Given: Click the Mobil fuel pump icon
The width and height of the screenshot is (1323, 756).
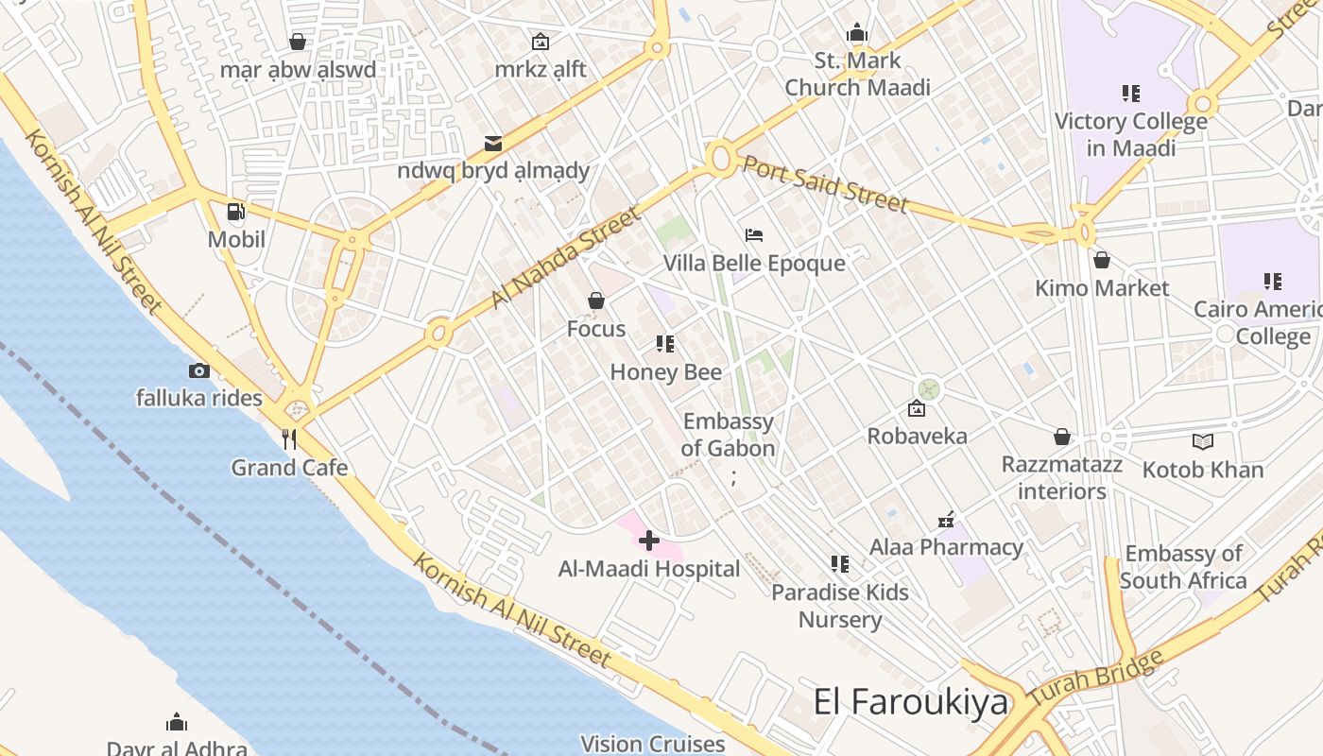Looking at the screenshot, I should [x=236, y=212].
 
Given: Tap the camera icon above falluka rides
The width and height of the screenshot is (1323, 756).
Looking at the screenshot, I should [x=198, y=370].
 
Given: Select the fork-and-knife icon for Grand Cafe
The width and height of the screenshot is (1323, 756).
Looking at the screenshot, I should [x=289, y=439].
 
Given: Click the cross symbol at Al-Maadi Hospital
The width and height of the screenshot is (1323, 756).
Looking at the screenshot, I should [x=649, y=541].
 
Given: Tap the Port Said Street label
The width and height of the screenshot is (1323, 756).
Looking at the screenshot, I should [x=824, y=183].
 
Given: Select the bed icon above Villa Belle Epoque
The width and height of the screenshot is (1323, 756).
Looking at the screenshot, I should [x=753, y=234].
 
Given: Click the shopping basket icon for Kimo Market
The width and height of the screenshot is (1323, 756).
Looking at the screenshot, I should [x=1101, y=260].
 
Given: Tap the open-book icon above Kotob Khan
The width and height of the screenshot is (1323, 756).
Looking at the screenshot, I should [x=1202, y=441].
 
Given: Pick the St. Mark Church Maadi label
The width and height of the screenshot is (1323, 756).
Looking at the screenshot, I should [x=857, y=74].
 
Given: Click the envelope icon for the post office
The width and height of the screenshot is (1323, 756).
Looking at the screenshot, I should [x=493, y=144].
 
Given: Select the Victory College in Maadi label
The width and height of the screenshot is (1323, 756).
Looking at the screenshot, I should [x=1130, y=134].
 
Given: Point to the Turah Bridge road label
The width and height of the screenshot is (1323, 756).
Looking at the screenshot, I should [x=1096, y=679].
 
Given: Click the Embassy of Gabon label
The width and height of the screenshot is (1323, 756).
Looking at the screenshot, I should [x=728, y=435].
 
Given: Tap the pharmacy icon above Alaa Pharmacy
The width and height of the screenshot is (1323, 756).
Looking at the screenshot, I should [x=946, y=519].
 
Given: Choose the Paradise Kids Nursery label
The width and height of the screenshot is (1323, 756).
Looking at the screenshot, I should [x=839, y=606].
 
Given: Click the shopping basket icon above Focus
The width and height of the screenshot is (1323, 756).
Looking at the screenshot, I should [x=596, y=301].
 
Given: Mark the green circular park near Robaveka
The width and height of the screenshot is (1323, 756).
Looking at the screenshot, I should [x=929, y=388].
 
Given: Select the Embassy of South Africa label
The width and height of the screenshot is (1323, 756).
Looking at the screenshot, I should [x=1183, y=566].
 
